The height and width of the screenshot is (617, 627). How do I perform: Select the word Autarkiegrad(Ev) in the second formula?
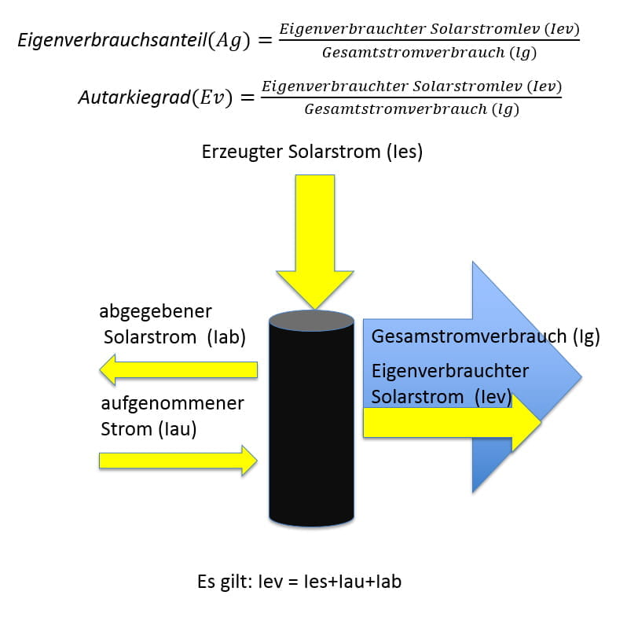[x=155, y=97]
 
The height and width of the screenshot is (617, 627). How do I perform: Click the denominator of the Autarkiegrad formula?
[x=412, y=109]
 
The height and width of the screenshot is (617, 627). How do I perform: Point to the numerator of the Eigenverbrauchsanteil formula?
[x=430, y=28]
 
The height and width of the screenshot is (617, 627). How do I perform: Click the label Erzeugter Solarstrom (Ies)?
[x=312, y=152]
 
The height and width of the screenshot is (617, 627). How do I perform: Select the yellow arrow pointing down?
[x=314, y=236]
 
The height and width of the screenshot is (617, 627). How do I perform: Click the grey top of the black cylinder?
[x=311, y=321]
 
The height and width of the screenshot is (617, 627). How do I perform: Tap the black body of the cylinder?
[x=311, y=424]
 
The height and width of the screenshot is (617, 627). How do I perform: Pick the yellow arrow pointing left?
[x=181, y=369]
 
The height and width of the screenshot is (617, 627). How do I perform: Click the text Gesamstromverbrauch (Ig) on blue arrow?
[x=485, y=337]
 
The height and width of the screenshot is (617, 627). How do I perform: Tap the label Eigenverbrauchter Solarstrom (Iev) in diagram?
[x=450, y=384]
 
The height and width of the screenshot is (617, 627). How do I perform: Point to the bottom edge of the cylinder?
[x=311, y=525]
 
